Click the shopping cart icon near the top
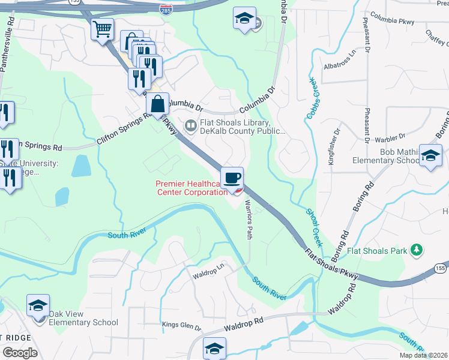point(103,28)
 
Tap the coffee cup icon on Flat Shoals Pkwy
point(232,178)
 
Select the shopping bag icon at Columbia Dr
point(157,104)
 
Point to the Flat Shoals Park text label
point(377,250)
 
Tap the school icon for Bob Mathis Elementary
point(430,156)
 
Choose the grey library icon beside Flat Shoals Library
point(191,126)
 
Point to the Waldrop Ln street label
point(208,271)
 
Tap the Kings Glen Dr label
point(181,326)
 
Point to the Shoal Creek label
point(315,227)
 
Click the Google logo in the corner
point(20,353)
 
